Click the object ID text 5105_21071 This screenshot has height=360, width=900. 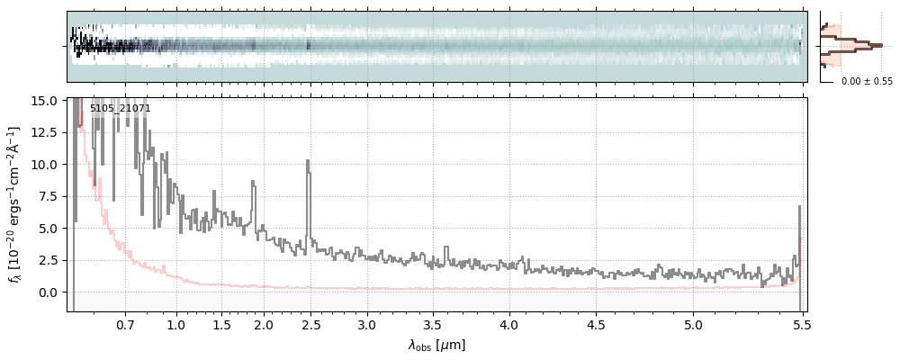120,108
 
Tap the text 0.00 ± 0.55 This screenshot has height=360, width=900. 867,81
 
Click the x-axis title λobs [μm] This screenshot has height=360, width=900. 436,345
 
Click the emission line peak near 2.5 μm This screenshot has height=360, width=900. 308,161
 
